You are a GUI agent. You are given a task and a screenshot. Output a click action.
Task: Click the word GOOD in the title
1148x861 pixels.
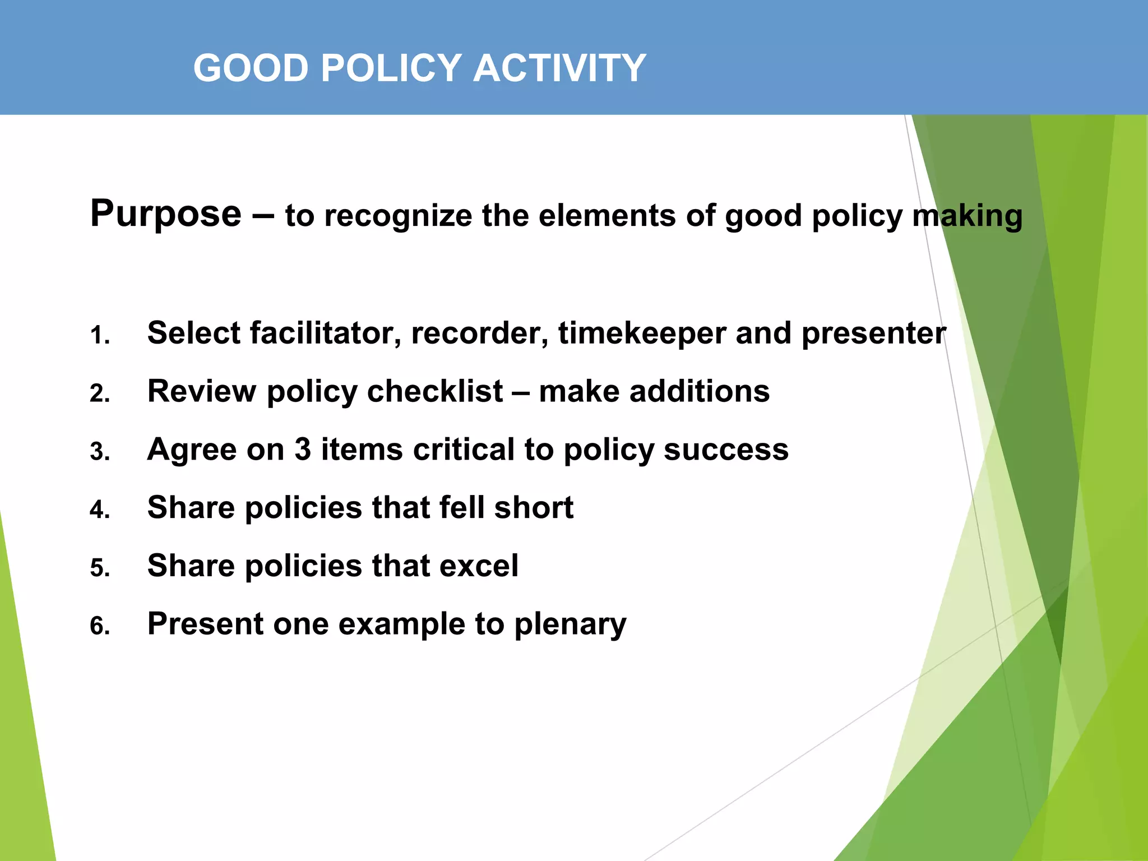coord(251,68)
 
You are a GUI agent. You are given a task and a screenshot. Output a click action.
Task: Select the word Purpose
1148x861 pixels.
coord(166,214)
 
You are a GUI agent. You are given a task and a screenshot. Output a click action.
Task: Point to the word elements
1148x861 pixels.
coord(607,216)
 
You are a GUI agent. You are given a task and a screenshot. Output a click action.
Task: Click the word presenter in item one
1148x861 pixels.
coord(873,334)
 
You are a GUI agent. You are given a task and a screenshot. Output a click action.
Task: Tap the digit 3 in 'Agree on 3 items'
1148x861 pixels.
coord(303,450)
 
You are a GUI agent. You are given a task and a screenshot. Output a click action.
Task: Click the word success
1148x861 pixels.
coord(726,450)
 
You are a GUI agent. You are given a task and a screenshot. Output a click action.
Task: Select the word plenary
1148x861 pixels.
coord(570,625)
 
